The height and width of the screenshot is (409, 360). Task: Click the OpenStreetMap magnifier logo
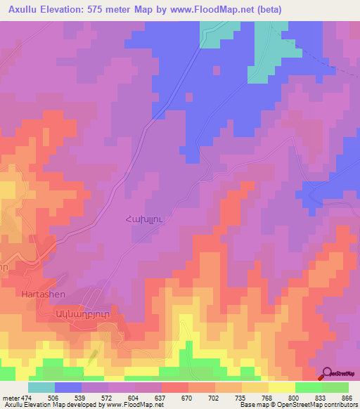click(x=328, y=374)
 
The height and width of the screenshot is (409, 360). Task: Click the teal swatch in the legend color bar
click(x=41, y=387)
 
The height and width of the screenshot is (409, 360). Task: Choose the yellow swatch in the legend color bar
click(x=281, y=387)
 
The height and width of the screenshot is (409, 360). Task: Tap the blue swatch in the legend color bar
click(x=68, y=387)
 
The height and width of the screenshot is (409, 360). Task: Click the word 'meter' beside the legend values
click(x=11, y=397)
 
